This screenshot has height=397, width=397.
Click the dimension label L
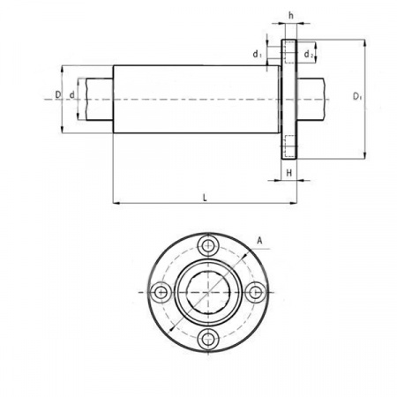[x=205, y=198]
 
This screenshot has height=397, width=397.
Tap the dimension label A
[x=259, y=241]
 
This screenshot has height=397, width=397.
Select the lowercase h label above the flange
[x=291, y=16]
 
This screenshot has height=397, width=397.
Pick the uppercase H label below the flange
[x=289, y=173]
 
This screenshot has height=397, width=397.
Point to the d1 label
[x=257, y=54]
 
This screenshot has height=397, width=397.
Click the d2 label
[x=308, y=54]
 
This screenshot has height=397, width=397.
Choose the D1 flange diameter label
[x=357, y=96]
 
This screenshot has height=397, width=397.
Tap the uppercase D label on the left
[x=58, y=94]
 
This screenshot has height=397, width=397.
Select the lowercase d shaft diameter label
[x=71, y=95]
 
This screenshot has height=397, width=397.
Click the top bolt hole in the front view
[x=208, y=245]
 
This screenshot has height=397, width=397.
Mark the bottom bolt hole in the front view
[x=208, y=340]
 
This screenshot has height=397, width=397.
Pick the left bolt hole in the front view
[x=161, y=292]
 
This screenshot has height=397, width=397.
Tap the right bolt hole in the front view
[x=256, y=292]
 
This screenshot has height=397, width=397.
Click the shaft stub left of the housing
[x=100, y=99]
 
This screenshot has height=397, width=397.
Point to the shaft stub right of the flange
[x=311, y=99]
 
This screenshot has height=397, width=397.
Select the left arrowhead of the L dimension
[x=116, y=203]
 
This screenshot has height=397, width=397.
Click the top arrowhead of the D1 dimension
[x=365, y=43]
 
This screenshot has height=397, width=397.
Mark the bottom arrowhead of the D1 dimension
[x=365, y=155]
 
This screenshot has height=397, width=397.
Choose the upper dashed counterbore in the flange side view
[x=290, y=52]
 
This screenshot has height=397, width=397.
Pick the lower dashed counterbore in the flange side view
[x=290, y=146]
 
